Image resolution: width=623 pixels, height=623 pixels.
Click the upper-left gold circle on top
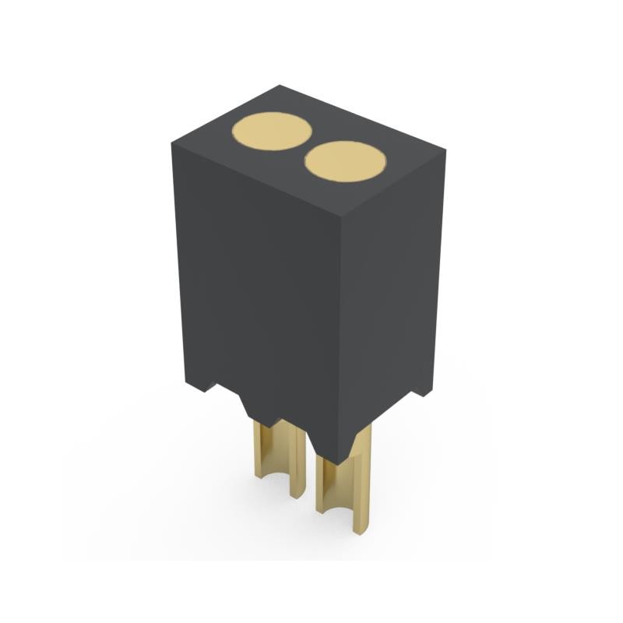(x=272, y=131)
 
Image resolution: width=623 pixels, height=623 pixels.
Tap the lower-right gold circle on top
(x=345, y=161)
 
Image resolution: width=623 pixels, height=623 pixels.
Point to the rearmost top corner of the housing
(x=280, y=86)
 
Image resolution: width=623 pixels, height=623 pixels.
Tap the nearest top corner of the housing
(x=340, y=213)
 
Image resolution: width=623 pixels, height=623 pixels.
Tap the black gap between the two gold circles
(x=307, y=146)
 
